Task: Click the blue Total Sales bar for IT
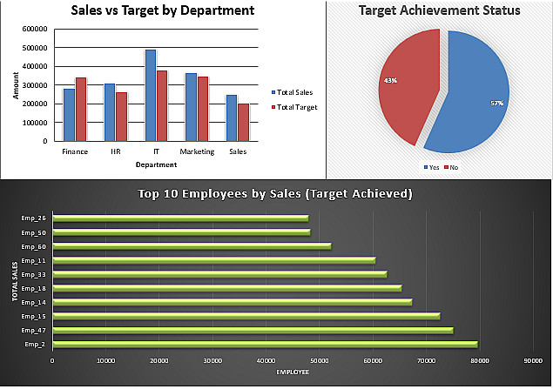click(151, 96)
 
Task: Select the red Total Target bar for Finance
click(81, 110)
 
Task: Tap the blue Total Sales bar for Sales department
click(232, 118)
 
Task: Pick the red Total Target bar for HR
click(122, 117)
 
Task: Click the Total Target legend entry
click(294, 107)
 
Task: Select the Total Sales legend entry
click(292, 92)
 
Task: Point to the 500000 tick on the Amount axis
click(35, 48)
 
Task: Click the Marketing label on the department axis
click(197, 151)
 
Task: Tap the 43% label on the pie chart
click(390, 81)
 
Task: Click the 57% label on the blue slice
click(497, 104)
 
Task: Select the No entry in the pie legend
click(451, 167)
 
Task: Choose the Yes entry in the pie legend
click(431, 167)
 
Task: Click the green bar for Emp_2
click(266, 345)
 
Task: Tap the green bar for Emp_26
click(180, 218)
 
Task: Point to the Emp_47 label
click(33, 331)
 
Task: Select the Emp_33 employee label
click(33, 275)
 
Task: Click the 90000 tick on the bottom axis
click(533, 361)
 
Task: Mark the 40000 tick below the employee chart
click(266, 361)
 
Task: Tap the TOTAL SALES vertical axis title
click(15, 281)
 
